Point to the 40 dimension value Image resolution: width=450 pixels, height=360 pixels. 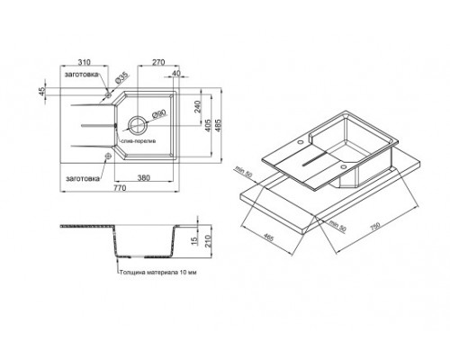tap(177, 74)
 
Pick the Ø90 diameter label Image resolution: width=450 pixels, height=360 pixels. tap(157, 113)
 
